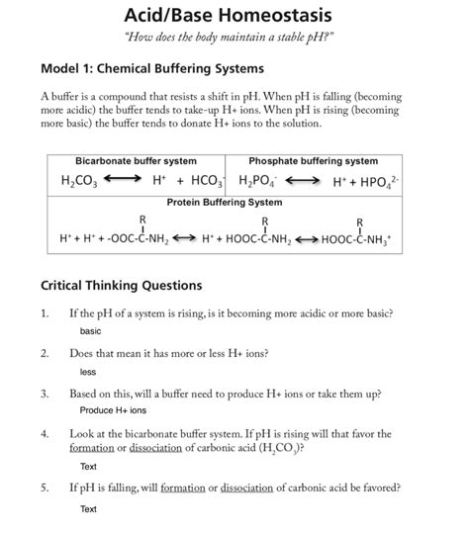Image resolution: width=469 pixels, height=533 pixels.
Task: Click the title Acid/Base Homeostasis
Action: click(228, 16)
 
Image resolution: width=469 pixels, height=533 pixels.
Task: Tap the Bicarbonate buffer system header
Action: click(136, 161)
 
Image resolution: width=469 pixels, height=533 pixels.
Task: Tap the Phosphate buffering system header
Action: click(313, 161)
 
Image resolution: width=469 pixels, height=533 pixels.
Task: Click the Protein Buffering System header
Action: click(224, 202)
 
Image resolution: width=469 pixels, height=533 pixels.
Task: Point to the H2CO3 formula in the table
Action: click(80, 182)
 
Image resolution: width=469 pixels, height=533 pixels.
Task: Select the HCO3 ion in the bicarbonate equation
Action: click(209, 182)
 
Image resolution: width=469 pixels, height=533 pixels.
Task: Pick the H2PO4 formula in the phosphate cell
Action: click(258, 182)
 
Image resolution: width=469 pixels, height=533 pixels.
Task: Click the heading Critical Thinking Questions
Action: click(121, 286)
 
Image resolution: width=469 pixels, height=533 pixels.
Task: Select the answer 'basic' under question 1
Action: click(91, 330)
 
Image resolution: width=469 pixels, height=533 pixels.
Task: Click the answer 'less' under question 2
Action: click(88, 372)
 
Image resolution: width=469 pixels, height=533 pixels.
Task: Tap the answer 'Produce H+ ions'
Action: click(113, 409)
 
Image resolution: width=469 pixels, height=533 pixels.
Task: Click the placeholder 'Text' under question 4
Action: click(88, 466)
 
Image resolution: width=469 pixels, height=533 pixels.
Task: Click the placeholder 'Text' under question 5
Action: click(88, 508)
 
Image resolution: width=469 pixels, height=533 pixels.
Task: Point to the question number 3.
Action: click(45, 394)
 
